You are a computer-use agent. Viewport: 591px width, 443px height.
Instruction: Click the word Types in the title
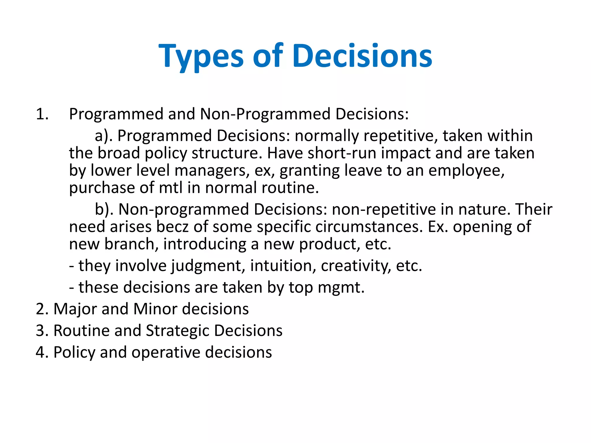click(x=201, y=56)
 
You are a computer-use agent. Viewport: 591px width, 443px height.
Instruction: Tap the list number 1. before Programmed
click(x=42, y=114)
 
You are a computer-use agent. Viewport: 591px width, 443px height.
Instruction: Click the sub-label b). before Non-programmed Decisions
click(x=104, y=209)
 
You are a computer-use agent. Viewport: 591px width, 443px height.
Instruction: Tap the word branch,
click(x=131, y=244)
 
